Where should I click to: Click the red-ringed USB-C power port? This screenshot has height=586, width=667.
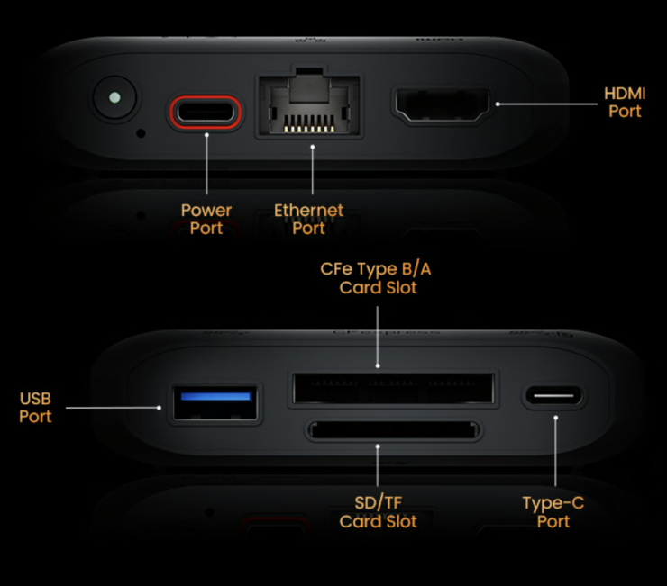point(206,113)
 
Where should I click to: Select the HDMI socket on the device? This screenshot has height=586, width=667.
point(442,105)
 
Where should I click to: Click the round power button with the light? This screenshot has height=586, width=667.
point(114,98)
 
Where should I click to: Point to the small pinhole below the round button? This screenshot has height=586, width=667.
point(141,133)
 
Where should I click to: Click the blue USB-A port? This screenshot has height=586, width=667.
point(215,402)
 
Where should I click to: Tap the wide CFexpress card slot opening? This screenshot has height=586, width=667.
point(394,388)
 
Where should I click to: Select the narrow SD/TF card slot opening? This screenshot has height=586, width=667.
point(394,430)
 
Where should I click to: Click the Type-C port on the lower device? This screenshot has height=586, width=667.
point(553,396)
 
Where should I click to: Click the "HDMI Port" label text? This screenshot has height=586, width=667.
point(625,103)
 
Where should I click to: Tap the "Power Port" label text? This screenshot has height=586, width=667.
point(206,220)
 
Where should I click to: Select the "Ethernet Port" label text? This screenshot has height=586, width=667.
point(308,220)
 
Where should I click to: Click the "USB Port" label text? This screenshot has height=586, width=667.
point(35,408)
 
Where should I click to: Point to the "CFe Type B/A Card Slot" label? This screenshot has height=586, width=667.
point(376,278)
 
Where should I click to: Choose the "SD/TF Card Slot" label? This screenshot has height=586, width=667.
point(378,512)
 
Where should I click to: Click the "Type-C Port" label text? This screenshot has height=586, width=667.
point(553,512)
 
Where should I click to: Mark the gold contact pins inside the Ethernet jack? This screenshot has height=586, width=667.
point(309,129)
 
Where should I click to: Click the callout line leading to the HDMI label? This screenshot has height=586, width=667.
point(547,104)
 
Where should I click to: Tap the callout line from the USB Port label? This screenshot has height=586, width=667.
point(114,408)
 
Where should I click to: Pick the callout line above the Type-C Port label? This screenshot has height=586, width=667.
point(555,452)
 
